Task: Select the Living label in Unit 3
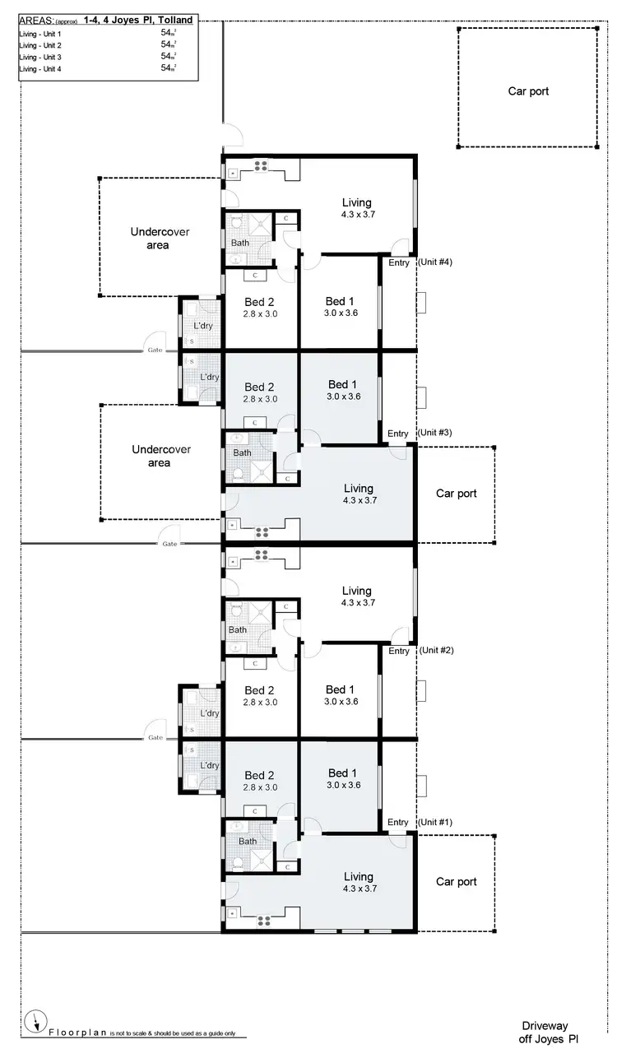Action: point(358,489)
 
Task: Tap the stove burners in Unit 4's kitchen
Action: point(262,166)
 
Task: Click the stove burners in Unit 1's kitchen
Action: point(262,920)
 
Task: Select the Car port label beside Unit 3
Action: point(456,494)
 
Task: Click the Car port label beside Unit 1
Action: point(456,882)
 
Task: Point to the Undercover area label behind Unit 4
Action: point(160,239)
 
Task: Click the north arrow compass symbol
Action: point(35,1022)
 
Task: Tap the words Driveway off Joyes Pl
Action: point(550,1032)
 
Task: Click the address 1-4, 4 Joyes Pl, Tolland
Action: point(138,20)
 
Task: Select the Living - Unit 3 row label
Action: point(40,57)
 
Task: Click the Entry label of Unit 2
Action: point(399,651)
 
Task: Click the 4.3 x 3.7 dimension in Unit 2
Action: point(357,603)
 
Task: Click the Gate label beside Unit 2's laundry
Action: point(155,737)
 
